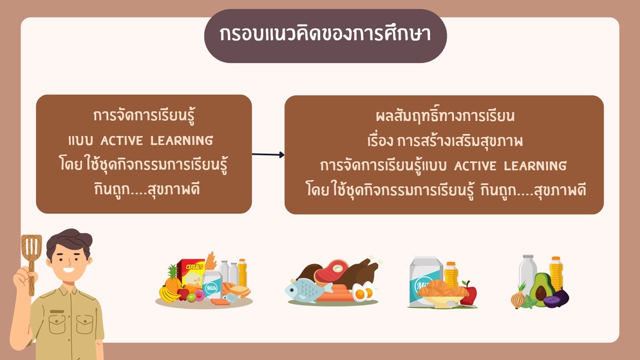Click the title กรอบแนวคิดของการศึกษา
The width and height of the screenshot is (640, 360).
(325, 34)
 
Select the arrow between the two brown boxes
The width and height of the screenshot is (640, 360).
(268, 155)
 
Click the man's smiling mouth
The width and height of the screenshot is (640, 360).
(68, 270)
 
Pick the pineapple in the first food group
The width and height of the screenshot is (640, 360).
(173, 279)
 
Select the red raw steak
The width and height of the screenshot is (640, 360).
(330, 271)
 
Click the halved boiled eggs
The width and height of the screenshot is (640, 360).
(364, 292)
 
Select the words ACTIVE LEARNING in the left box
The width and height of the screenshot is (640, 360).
(156, 141)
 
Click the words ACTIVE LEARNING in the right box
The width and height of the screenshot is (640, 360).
(510, 166)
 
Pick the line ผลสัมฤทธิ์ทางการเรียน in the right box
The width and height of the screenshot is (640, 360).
(445, 115)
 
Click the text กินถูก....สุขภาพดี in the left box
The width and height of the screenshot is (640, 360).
(147, 190)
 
